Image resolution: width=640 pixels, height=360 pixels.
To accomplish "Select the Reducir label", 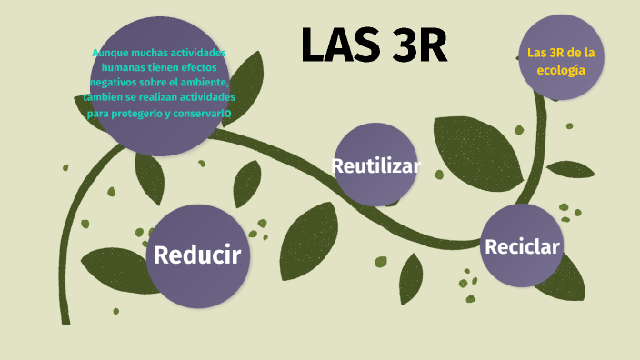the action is point(197,255).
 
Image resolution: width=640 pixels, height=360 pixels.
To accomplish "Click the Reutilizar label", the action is point(375,166).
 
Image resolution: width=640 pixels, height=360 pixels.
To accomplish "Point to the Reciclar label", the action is point(522,246).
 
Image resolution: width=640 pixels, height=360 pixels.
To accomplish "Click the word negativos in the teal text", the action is point(115,82).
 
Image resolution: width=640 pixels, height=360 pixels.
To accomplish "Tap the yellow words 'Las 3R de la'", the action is point(555,53).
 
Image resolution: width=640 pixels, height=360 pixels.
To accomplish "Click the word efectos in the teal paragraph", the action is point(202,67).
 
